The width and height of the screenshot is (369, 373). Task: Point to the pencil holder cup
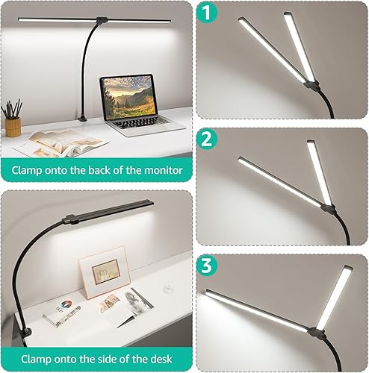(13, 126)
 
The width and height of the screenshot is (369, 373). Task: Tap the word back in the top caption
(83, 170)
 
